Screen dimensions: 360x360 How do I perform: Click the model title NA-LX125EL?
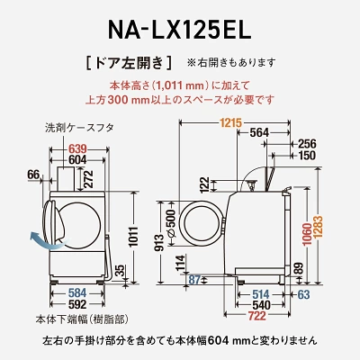pos(179,26)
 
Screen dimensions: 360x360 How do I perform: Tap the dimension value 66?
pos(34,173)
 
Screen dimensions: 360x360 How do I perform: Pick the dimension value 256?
pos(306,144)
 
